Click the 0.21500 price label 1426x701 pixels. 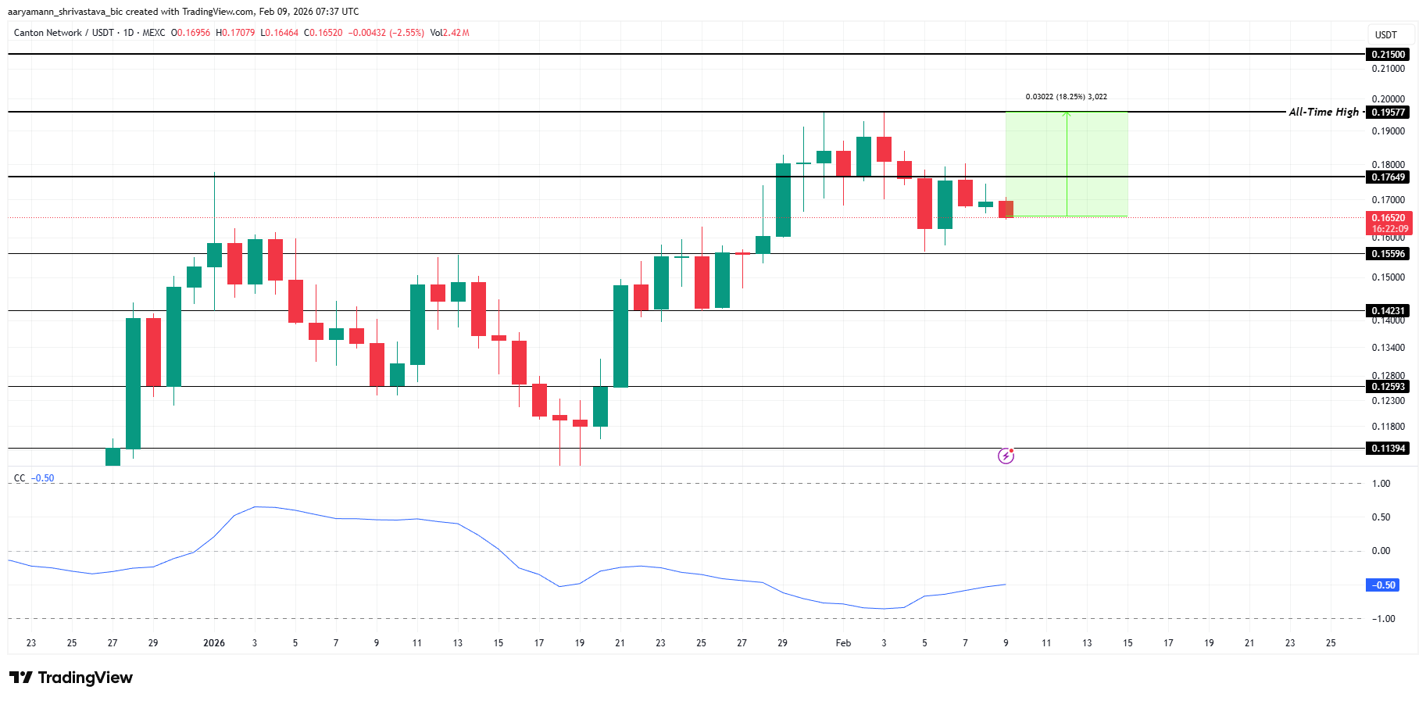point(1388,55)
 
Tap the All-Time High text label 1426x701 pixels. point(1324,112)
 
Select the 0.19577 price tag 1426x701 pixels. point(1388,113)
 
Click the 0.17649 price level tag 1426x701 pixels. point(1388,177)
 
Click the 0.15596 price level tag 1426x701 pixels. point(1388,254)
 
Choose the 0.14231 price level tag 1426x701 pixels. point(1388,311)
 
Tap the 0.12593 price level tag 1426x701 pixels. point(1388,387)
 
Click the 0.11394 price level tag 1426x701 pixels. point(1388,449)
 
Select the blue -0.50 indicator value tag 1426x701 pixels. point(1382,585)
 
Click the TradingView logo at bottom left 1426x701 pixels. point(71,678)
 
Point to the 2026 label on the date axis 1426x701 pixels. point(213,643)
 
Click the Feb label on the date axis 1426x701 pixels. point(843,643)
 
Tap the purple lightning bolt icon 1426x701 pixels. point(1006,456)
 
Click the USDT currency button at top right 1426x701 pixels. point(1386,35)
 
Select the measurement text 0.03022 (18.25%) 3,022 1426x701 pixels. point(1066,97)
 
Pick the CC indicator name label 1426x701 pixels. point(20,478)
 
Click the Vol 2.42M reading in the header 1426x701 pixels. point(449,33)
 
